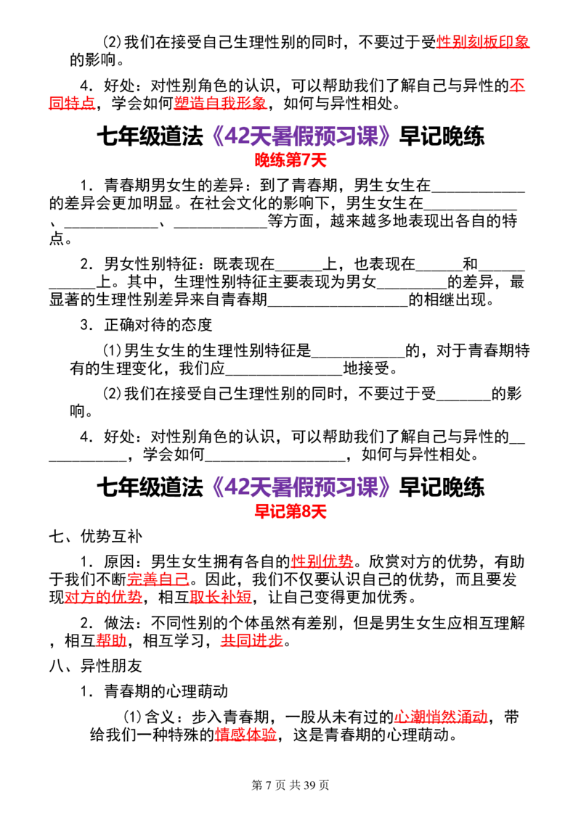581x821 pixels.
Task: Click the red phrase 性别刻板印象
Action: (x=483, y=42)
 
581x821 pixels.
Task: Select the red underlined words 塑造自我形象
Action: (x=220, y=103)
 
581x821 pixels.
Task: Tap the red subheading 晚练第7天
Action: (x=290, y=160)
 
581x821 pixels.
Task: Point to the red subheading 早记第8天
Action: (x=290, y=511)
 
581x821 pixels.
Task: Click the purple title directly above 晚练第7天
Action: (x=301, y=136)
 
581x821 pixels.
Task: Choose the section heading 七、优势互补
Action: (x=96, y=536)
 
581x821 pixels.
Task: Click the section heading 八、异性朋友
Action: (x=96, y=666)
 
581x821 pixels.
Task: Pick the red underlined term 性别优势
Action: (x=322, y=561)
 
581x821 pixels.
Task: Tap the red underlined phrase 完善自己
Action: (x=158, y=579)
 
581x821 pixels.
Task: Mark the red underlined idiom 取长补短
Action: (x=221, y=597)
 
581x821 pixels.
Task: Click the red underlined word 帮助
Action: (x=112, y=640)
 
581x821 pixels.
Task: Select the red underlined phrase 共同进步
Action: (x=252, y=640)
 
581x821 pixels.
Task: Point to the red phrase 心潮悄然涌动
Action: (x=441, y=717)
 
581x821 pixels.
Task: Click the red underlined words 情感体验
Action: (x=246, y=735)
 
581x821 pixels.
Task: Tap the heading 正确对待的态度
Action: (x=158, y=325)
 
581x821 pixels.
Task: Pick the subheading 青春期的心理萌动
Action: (x=166, y=691)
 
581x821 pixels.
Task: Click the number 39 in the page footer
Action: (x=309, y=785)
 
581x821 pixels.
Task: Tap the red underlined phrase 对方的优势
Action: (x=103, y=597)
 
